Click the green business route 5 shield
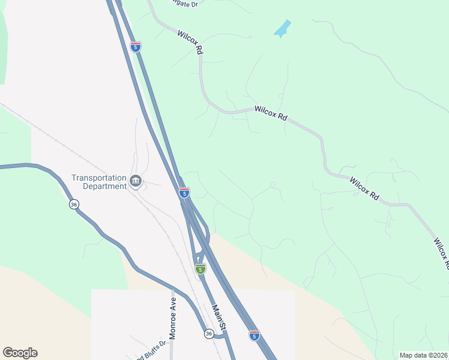(200, 269)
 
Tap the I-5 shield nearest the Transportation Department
(184, 193)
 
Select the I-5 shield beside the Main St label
(255, 335)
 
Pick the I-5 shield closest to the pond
(136, 46)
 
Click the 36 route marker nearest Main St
(208, 334)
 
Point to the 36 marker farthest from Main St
(73, 205)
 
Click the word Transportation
(99, 178)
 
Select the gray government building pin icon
(136, 181)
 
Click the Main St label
(217, 317)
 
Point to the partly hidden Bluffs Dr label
(150, 355)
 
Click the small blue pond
(282, 28)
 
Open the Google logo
(20, 353)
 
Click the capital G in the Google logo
(8, 353)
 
